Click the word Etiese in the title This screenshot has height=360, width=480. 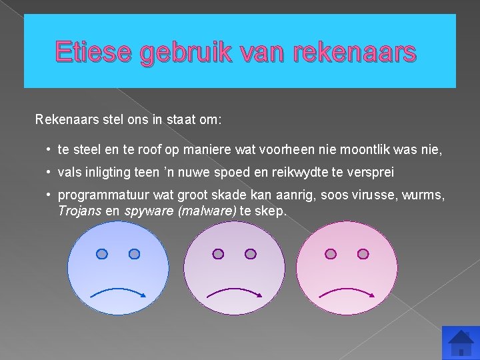pyautogui.click(x=93, y=52)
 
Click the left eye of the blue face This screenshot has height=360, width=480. pyautogui.click(x=101, y=254)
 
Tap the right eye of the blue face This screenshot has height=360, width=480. pyautogui.click(x=134, y=254)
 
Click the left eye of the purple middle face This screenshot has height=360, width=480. pyautogui.click(x=217, y=254)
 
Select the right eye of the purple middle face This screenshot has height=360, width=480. pyautogui.click(x=250, y=254)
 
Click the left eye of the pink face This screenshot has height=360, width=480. pyautogui.click(x=330, y=254)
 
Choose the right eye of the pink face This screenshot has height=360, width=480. pyautogui.click(x=363, y=254)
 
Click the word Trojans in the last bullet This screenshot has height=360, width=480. pyautogui.click(x=79, y=211)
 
